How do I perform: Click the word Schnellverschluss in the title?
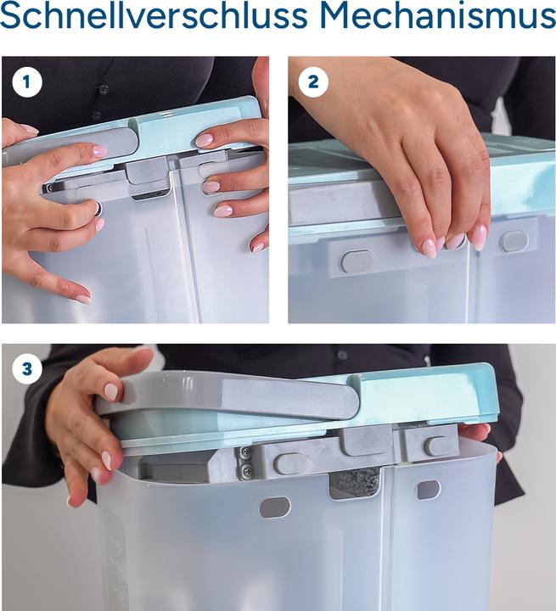click(x=154, y=15)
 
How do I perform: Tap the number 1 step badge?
click(x=27, y=81)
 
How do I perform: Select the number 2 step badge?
click(x=313, y=81)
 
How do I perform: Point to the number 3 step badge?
click(x=27, y=368)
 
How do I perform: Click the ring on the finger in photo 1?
click(x=99, y=209)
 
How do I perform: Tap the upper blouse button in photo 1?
click(x=103, y=89)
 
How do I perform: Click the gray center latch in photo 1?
click(x=149, y=176)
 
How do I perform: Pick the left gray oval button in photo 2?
click(x=356, y=261)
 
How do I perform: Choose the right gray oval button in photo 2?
click(x=514, y=241)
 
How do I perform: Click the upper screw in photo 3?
click(x=245, y=452)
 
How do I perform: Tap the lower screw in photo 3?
click(x=246, y=471)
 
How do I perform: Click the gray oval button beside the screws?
click(x=290, y=463)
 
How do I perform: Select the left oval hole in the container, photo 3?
click(x=275, y=507)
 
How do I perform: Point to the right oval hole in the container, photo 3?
click(x=428, y=490)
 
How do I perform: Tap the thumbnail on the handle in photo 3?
click(x=111, y=391)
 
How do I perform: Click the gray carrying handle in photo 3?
click(x=228, y=395)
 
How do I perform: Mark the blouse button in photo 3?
click(x=342, y=355)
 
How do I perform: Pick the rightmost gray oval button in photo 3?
click(x=437, y=446)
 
